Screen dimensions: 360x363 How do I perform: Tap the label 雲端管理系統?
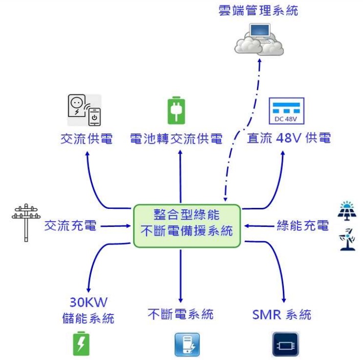[x=258, y=10]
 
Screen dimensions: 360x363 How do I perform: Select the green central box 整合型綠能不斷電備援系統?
[x=187, y=225]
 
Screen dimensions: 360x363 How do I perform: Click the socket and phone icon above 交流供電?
[x=84, y=111]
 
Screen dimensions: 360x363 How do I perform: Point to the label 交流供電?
[x=86, y=139]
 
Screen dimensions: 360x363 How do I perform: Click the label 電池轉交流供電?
[x=176, y=139]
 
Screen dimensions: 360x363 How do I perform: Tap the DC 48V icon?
[x=286, y=111]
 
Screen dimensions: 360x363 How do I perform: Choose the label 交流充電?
[x=70, y=226]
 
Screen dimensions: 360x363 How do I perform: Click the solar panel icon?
[x=347, y=209]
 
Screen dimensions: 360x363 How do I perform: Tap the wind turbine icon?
[x=347, y=239]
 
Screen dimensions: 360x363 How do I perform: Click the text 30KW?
[x=88, y=301]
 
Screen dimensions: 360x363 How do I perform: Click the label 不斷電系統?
[x=180, y=314]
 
